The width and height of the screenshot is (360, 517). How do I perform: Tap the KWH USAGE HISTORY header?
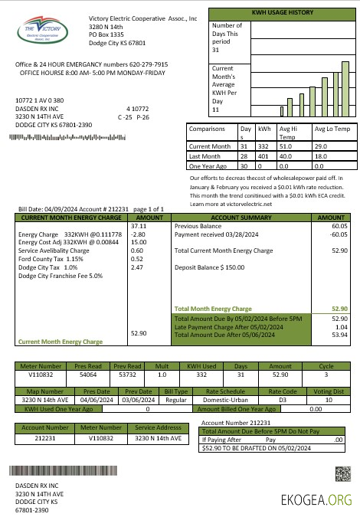281,13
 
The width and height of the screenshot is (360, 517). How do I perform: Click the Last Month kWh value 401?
263,155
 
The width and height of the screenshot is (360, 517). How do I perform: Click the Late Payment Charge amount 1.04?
341,326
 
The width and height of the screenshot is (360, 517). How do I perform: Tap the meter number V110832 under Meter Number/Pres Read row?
38,375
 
